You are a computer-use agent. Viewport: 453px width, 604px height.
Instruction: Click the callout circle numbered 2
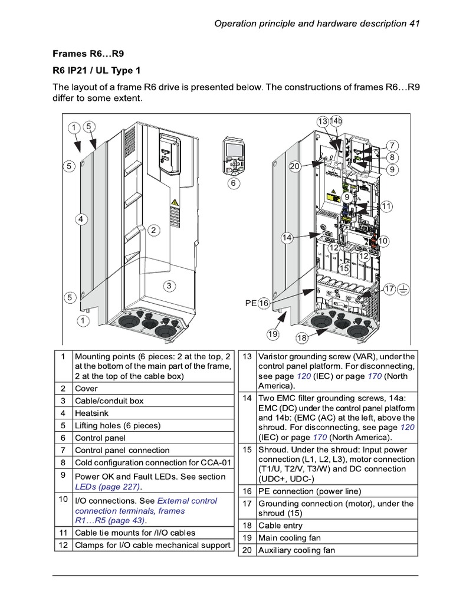[x=153, y=231]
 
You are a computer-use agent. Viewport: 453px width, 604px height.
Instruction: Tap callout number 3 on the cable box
[x=169, y=286]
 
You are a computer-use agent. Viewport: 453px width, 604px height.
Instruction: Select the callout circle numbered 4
[x=82, y=219]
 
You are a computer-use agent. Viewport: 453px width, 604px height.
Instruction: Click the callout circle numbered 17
[x=389, y=289]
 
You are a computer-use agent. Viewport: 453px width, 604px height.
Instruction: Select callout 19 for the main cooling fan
[x=273, y=334]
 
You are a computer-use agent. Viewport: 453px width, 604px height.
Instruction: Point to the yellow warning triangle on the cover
[x=175, y=203]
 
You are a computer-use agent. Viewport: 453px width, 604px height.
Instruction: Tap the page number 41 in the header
[x=413, y=24]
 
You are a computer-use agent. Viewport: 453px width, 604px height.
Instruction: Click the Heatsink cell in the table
[x=92, y=413]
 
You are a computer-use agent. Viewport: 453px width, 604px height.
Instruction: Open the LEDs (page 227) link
[x=108, y=487]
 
